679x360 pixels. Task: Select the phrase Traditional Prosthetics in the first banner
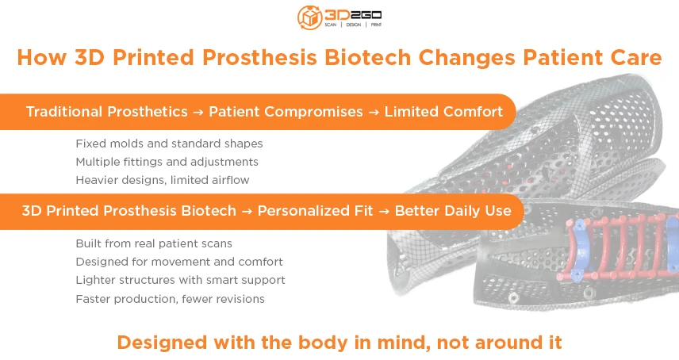[107, 112]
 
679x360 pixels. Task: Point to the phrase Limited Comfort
[443, 112]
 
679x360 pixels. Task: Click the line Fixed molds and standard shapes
[169, 144]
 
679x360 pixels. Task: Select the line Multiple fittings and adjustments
[167, 162]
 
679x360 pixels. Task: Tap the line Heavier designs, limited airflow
[163, 179]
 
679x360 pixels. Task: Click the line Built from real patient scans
[154, 243]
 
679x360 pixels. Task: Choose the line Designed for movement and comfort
[179, 262]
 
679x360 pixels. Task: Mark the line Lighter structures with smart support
[180, 280]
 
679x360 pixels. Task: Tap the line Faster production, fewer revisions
[170, 299]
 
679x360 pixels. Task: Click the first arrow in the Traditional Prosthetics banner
[198, 113]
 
